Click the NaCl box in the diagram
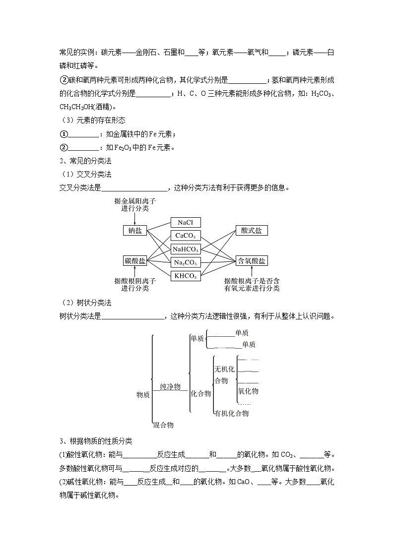[x=185, y=223]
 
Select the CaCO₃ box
[x=185, y=236]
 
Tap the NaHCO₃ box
[x=185, y=249]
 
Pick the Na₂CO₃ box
[x=185, y=263]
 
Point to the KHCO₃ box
[x=185, y=276]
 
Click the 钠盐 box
[x=135, y=231]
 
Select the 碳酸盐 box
[x=135, y=261]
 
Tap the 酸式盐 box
[x=252, y=231]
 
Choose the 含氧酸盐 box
[x=252, y=261]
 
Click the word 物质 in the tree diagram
[x=143, y=395]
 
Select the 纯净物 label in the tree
[x=170, y=386]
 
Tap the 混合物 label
[x=163, y=425]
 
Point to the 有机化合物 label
[x=231, y=413]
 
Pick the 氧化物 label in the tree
[x=248, y=391]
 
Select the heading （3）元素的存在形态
[x=93, y=120]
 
